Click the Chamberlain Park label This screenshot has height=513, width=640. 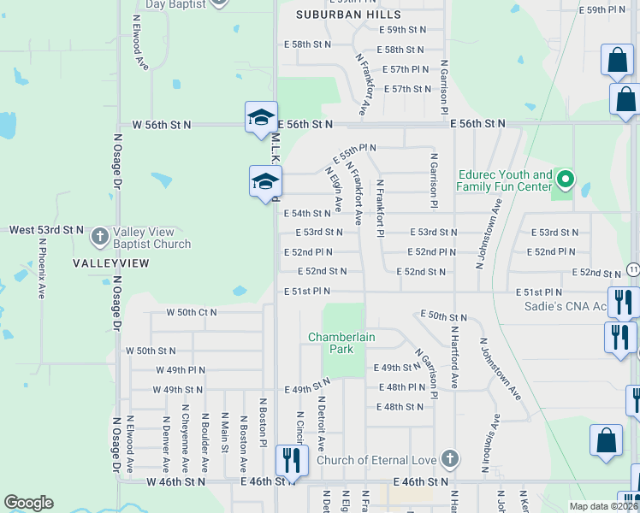coord(341,343)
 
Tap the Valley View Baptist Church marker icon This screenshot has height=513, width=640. coord(100,236)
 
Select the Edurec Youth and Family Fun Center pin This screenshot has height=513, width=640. coord(564,180)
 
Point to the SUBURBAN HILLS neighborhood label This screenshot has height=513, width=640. coord(348,15)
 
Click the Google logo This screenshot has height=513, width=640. coord(28,503)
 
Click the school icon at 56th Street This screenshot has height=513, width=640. coord(261,118)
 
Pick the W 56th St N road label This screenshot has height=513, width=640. coord(162,125)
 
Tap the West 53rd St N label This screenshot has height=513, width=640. coord(46,230)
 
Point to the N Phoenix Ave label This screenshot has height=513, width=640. coord(42,267)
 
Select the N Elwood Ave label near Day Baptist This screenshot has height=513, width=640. coord(136,39)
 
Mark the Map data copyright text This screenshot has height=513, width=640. coord(602,505)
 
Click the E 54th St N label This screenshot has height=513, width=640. coord(306,214)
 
